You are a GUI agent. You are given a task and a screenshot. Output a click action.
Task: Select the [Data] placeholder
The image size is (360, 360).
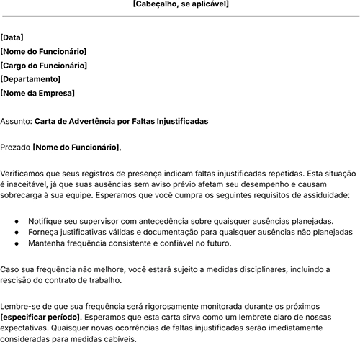pos(11,37)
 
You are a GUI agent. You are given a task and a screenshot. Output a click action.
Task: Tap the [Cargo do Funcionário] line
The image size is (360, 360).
pos(43,66)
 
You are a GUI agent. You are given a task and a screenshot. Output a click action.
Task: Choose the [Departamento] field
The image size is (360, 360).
pos(30,79)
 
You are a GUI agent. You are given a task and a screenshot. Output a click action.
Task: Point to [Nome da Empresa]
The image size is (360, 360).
pos(37,93)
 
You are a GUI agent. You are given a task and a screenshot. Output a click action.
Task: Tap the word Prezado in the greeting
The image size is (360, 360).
pos(15,147)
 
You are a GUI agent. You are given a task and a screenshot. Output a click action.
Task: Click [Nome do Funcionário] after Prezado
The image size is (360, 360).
pos(76,147)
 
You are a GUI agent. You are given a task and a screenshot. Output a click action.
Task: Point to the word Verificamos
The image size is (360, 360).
pos(24,174)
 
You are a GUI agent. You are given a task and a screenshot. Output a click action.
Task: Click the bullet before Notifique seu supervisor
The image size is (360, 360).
pos(17,221)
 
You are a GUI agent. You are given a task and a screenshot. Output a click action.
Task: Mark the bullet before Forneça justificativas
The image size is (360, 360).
pos(17,233)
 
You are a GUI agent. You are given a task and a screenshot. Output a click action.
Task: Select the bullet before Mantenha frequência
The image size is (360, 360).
pos(17,244)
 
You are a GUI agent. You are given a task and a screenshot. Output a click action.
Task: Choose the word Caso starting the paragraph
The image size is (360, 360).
pos(10,269)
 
